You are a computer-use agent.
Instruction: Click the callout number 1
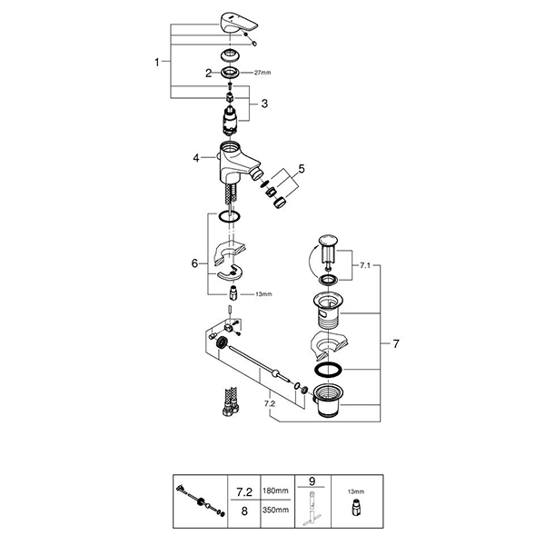(x=157, y=62)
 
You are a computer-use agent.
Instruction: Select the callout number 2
(x=208, y=74)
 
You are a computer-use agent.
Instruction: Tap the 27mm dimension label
(x=263, y=73)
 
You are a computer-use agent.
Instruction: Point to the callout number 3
(x=264, y=104)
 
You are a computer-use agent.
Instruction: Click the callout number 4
(x=196, y=158)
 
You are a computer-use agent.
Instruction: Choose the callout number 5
(x=302, y=169)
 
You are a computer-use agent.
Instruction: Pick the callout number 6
(x=194, y=263)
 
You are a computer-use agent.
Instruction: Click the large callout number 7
(x=396, y=343)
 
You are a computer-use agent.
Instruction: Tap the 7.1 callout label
(x=365, y=265)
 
